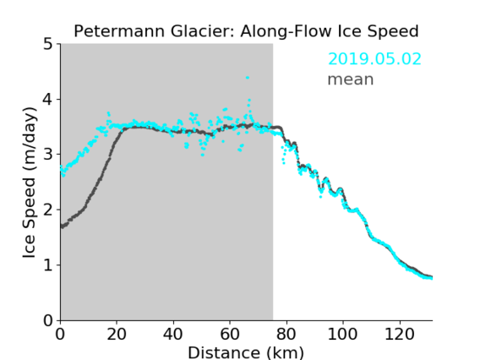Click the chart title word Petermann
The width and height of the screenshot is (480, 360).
tap(120, 31)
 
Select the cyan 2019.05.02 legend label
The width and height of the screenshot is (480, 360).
tap(374, 59)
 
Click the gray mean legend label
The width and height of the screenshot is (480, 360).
tap(351, 79)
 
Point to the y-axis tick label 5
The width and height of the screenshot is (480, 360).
tap(48, 44)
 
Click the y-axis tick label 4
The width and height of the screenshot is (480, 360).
tap(48, 99)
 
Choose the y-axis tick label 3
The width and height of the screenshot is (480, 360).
tap(48, 155)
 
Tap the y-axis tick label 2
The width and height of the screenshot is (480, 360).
tap(48, 210)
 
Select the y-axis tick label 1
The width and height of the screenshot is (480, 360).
tap(48, 265)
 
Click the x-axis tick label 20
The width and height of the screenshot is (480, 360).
tap(117, 334)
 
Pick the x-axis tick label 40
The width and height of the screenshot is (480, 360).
tap(173, 334)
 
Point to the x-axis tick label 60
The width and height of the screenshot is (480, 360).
tap(230, 334)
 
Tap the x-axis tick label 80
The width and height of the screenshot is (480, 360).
tap(286, 334)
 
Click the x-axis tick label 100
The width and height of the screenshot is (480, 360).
tap(342, 334)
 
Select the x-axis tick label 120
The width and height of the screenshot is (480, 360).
tap(399, 334)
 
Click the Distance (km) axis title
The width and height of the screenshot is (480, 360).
tap(246, 352)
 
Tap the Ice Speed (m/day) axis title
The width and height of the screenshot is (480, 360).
tap(30, 183)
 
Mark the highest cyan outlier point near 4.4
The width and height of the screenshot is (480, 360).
tap(248, 78)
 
